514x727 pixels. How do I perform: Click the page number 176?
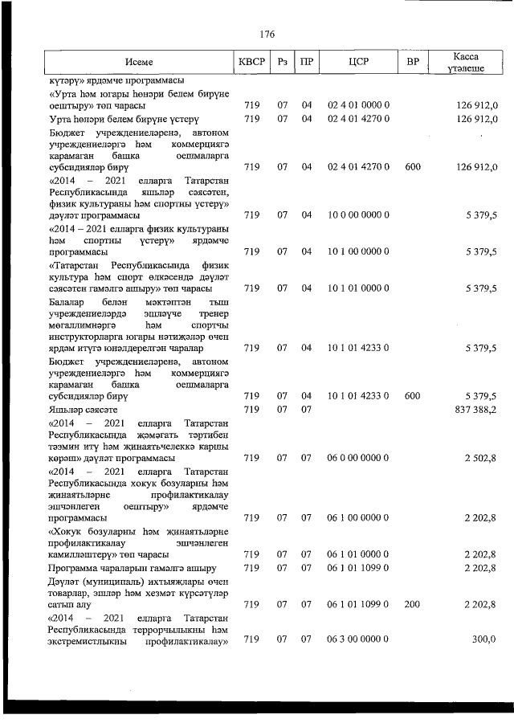[267, 34]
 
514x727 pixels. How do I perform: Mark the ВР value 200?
[412, 603]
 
